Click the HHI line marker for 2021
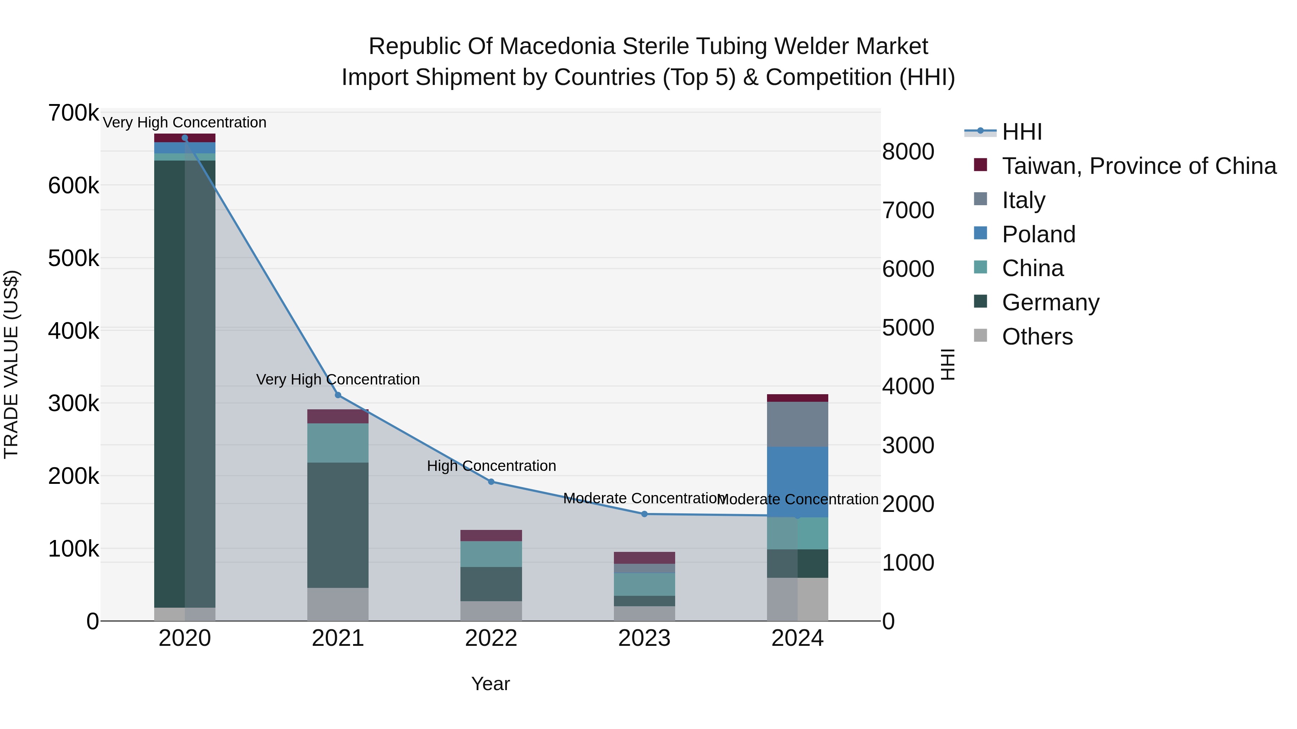click(x=338, y=395)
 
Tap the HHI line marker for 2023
click(x=644, y=514)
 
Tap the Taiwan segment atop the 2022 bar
click(x=491, y=535)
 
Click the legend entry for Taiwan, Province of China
click(x=1139, y=166)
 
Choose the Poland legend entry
click(x=1038, y=234)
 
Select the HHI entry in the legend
click(x=1022, y=132)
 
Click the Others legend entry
click(x=1037, y=337)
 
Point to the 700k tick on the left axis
click(x=73, y=113)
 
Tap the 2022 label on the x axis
click(x=491, y=638)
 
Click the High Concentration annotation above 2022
click(x=491, y=466)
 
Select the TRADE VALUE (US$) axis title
click(x=11, y=364)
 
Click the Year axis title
click(x=490, y=684)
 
